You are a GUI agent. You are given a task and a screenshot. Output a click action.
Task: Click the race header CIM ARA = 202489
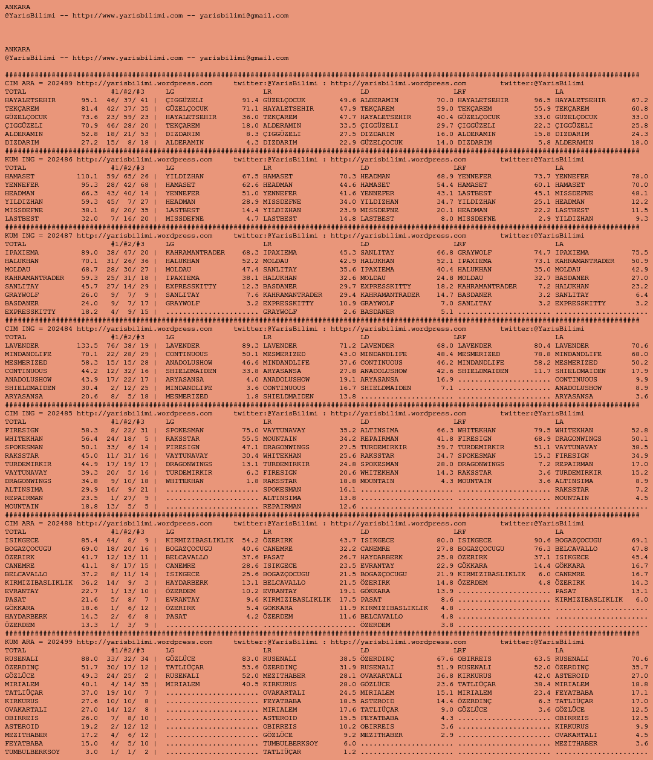(x=39, y=83)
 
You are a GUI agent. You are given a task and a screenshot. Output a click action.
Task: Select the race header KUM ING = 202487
(x=39, y=236)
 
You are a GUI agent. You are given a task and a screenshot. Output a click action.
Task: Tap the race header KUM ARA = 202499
(x=39, y=642)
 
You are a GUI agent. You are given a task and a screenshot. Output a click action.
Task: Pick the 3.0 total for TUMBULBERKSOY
(x=91, y=752)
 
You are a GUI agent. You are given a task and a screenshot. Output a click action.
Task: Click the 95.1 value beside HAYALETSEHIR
(x=89, y=100)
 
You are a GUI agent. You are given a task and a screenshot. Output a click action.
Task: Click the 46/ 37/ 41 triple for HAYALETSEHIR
(x=128, y=100)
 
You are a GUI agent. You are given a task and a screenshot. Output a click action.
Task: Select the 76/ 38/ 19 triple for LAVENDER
(x=128, y=346)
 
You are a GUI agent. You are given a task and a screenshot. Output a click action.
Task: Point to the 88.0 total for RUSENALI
(x=89, y=659)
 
